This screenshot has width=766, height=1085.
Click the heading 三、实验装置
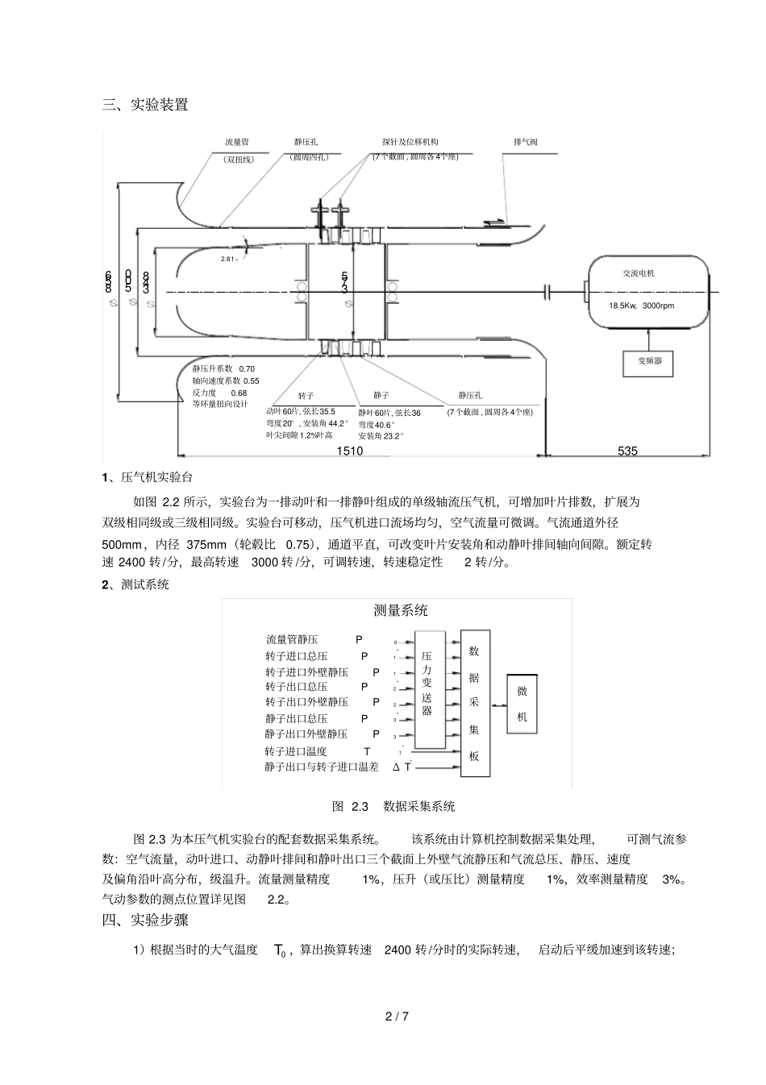point(145,104)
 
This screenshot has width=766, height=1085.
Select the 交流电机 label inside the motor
point(639,273)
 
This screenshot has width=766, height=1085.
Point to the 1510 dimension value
point(350,451)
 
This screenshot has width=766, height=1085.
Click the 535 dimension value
point(627,451)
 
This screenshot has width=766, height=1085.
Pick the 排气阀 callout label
point(525,143)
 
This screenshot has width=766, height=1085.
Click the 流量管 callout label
point(238,143)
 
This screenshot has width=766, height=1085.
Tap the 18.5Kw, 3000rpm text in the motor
point(642,306)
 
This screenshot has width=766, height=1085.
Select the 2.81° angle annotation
point(230,260)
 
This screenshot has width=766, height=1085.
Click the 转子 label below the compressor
point(306,396)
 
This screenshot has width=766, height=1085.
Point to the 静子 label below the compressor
point(381,396)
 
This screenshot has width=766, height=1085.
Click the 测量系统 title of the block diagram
point(401,610)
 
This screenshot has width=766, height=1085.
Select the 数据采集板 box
point(475,704)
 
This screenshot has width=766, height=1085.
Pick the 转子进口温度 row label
point(296,751)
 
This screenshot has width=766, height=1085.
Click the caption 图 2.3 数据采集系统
point(393,806)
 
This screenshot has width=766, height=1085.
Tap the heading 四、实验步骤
point(145,921)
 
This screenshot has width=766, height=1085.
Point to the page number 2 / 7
point(398,1016)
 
